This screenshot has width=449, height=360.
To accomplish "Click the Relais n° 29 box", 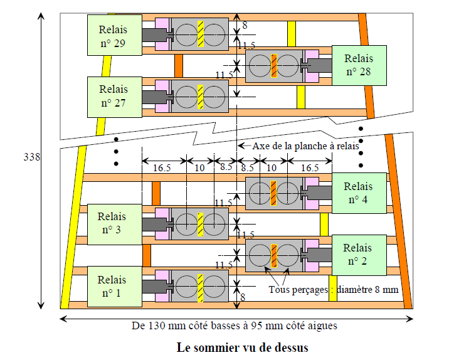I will pos(114,35).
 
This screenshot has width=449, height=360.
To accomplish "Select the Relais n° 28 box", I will pos(358,65).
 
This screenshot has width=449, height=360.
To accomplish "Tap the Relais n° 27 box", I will pos(114,96).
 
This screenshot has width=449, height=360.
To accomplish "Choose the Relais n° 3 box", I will pos(114,223).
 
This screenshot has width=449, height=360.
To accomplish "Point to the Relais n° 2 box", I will pos(358,255).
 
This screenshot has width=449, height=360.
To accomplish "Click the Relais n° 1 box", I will pos(114,286).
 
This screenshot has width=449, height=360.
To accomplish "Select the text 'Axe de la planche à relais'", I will pos(305,146).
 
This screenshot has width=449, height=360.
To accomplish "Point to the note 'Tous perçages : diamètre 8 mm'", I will pos(333,289).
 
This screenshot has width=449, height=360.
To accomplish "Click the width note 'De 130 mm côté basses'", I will pos(236,326).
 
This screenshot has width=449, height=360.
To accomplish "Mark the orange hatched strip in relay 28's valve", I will pos(274,66).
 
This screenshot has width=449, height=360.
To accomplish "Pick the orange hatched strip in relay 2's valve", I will pos(274,255).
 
